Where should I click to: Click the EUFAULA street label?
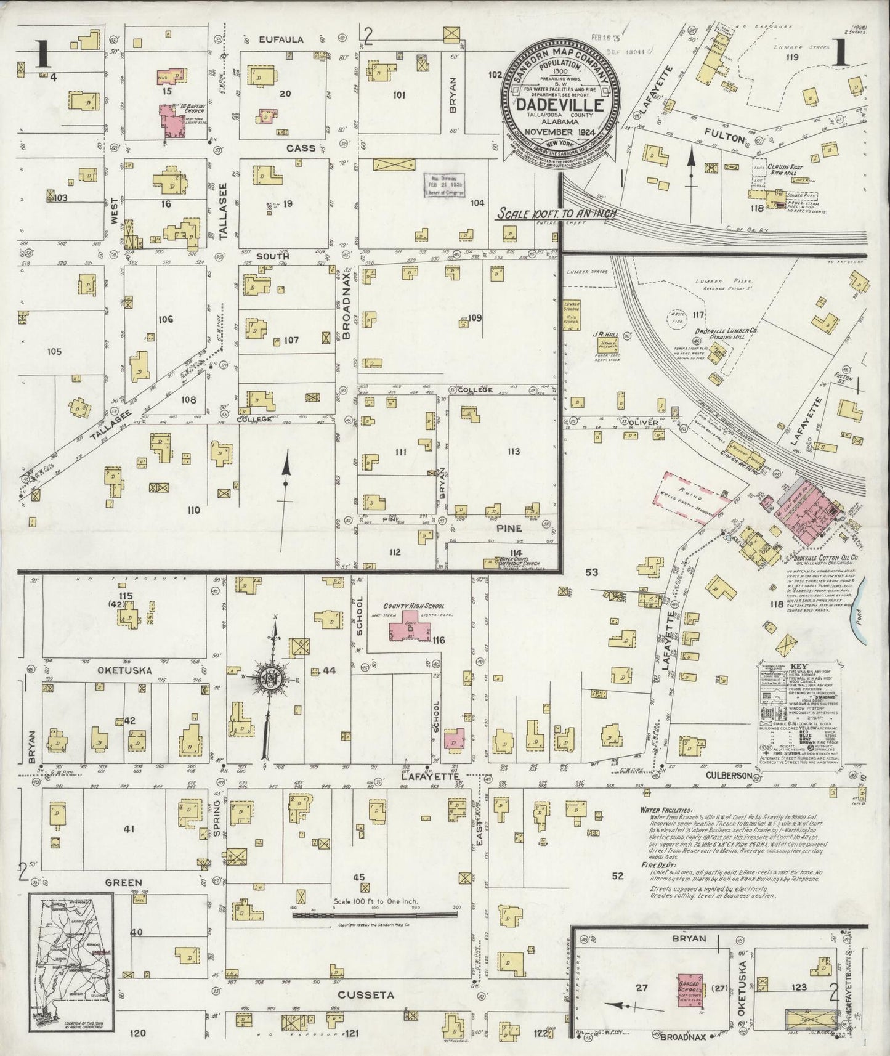(281, 39)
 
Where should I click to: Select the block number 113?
(514, 452)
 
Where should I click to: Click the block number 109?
(474, 318)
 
